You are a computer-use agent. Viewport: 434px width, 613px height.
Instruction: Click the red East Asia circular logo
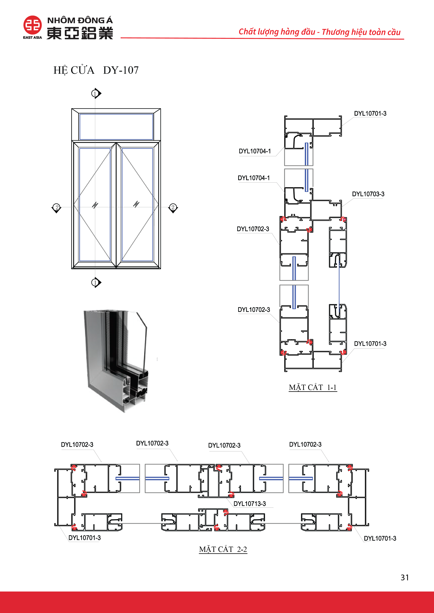[32, 25]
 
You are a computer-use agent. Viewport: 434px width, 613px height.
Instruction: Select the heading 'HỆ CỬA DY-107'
[96, 70]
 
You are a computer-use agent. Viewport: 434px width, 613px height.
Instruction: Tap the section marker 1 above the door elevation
[95, 93]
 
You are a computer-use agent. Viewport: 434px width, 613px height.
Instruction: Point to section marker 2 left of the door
[56, 207]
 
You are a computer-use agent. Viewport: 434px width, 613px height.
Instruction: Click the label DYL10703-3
[368, 194]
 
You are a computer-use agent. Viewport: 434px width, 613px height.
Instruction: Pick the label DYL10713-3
[250, 503]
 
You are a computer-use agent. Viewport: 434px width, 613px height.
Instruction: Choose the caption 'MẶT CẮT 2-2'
[223, 549]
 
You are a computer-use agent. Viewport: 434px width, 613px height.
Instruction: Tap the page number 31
[405, 578]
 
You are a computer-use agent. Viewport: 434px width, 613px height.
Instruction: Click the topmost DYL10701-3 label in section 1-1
[370, 114]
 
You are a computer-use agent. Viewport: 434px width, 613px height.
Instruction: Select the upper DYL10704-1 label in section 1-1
[255, 151]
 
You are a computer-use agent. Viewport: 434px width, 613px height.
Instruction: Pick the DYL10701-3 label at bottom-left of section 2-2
[85, 538]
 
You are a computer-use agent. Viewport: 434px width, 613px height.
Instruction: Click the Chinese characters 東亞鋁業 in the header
[80, 33]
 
